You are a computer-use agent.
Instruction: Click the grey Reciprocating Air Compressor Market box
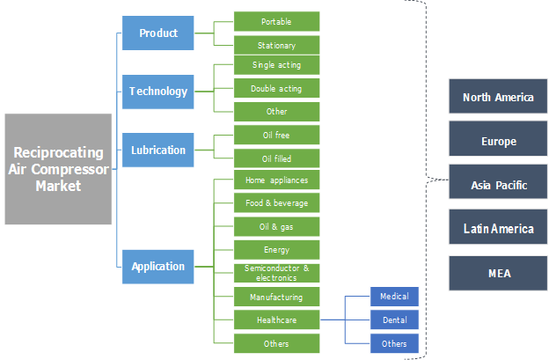58,169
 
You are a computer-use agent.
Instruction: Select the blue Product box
158,33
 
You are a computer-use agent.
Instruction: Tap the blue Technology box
158,91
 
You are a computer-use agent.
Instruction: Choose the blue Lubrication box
158,150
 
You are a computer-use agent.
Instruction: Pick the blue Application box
158,266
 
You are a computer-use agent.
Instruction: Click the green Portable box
276,21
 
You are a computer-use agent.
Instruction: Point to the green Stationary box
276,45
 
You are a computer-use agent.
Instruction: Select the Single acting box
276,65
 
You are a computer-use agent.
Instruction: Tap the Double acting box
276,89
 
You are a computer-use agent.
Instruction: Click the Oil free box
276,136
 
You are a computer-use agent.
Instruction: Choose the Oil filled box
276,158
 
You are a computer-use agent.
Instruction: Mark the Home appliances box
276,180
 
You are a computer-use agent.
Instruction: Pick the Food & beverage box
276,203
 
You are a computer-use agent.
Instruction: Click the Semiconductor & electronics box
276,273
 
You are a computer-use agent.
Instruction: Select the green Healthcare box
276,320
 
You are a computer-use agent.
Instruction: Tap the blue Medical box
394,297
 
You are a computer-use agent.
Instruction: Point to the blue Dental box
394,320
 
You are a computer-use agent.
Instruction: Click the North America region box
498,97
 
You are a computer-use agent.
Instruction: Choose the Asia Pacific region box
498,185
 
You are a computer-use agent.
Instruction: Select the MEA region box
498,273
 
